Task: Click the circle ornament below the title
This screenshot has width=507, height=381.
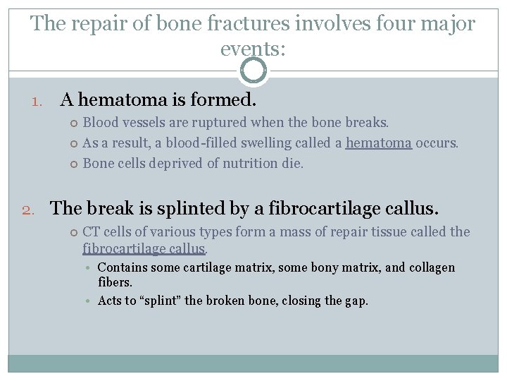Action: (x=254, y=71)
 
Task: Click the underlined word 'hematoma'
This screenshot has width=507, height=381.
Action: (x=379, y=143)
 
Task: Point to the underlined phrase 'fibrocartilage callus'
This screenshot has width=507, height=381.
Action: (x=144, y=249)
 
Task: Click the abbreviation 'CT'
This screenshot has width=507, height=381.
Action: (x=92, y=232)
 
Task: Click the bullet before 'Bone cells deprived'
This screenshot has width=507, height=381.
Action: (x=74, y=164)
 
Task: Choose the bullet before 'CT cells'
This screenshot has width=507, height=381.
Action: (x=74, y=232)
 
